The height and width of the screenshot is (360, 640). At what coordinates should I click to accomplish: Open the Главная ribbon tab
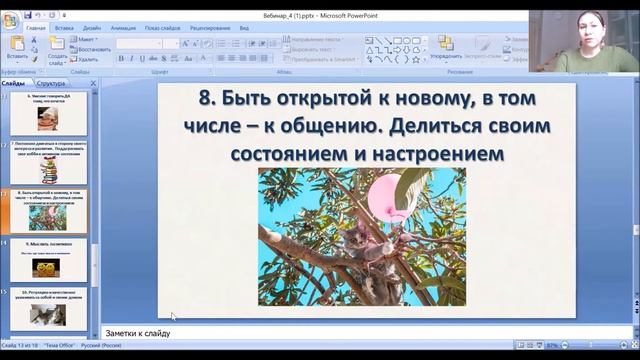(37, 29)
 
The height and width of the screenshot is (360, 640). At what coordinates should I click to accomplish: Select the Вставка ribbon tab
(65, 29)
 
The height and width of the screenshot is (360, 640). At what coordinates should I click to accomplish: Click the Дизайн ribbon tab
(92, 29)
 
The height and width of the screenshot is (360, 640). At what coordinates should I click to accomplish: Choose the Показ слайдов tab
(162, 29)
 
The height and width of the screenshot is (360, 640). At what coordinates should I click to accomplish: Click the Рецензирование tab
(209, 29)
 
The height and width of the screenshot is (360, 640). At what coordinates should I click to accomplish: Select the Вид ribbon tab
(244, 29)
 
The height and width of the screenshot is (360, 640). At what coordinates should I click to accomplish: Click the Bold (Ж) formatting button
(120, 58)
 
